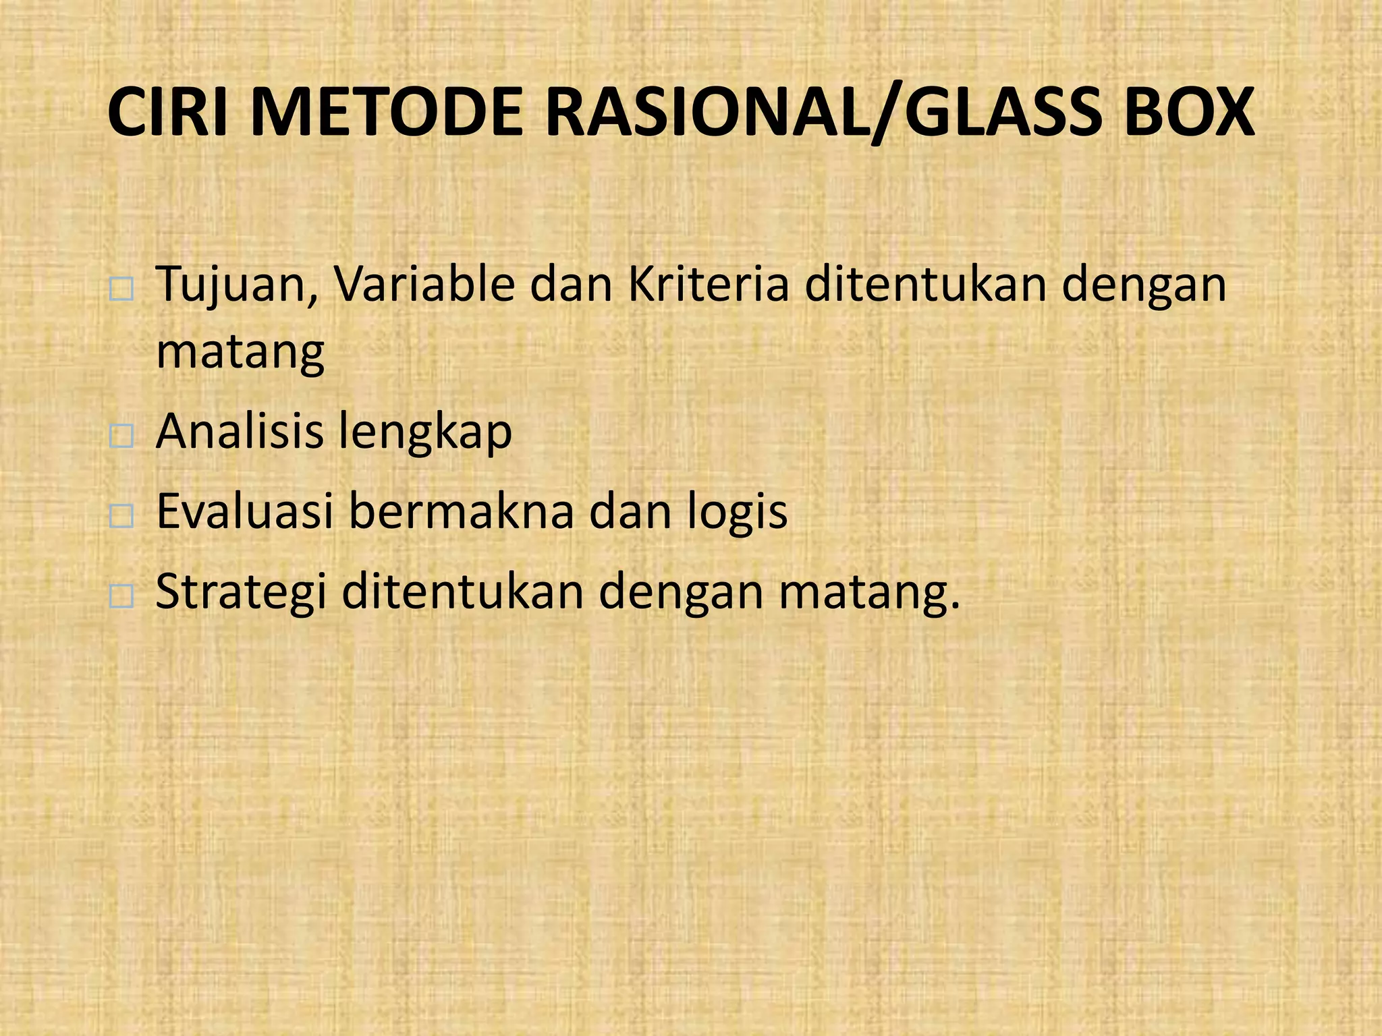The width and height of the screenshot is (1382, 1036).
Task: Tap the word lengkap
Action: pyautogui.click(x=424, y=432)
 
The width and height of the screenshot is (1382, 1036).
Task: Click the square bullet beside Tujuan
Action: pyautogui.click(x=121, y=291)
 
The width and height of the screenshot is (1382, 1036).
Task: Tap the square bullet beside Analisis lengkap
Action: pyautogui.click(x=121, y=437)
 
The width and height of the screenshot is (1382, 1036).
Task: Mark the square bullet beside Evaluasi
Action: pyautogui.click(x=121, y=517)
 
